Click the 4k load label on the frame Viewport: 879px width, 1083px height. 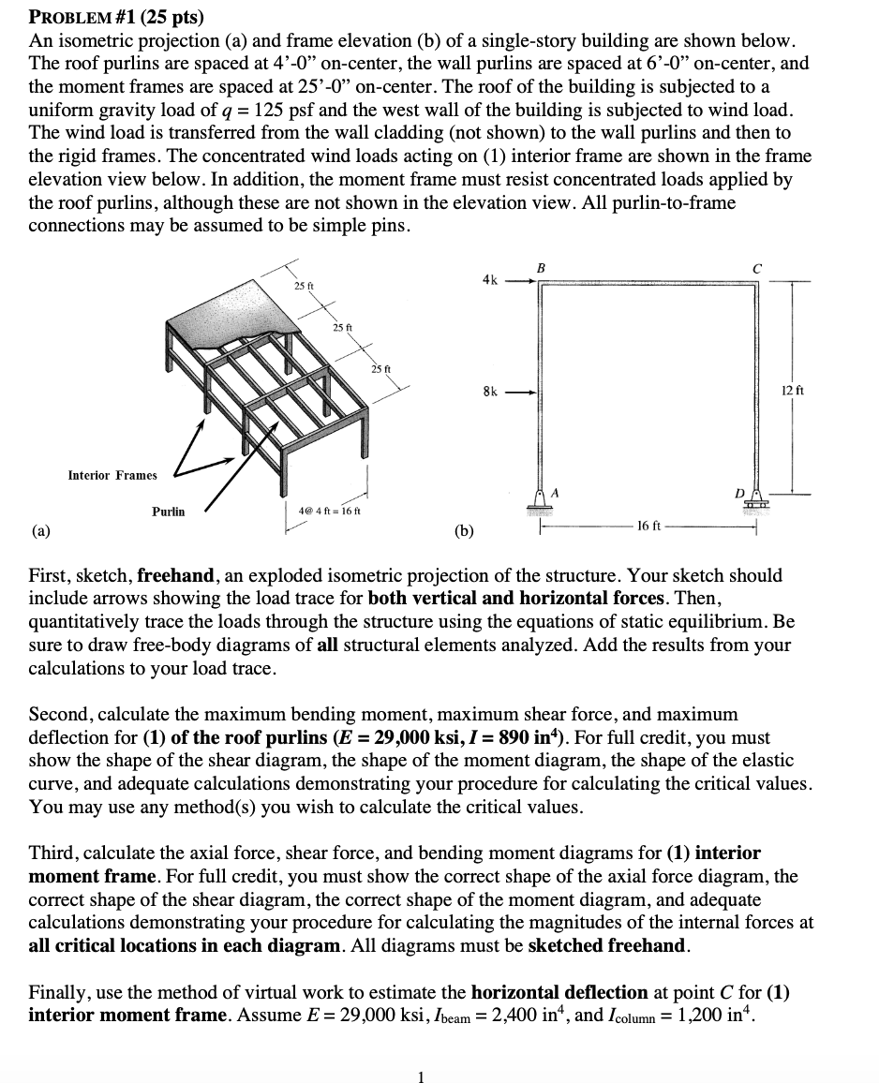(x=489, y=278)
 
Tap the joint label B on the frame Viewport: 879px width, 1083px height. (x=539, y=268)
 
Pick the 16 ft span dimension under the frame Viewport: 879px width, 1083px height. (x=648, y=527)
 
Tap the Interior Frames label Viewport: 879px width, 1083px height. (x=112, y=475)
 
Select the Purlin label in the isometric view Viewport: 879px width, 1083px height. (x=169, y=512)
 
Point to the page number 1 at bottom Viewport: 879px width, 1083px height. (x=421, y=1077)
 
